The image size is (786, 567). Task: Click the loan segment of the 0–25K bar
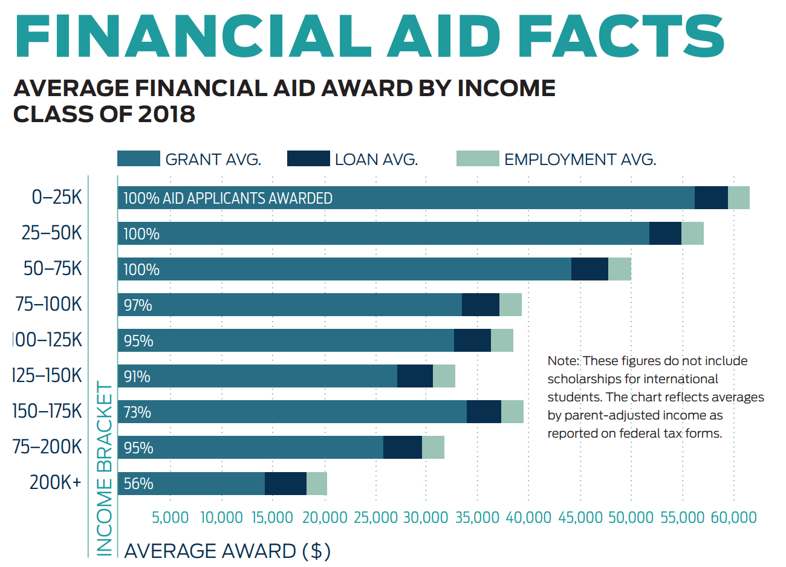click(711, 198)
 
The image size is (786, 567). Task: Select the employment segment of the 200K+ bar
click(317, 484)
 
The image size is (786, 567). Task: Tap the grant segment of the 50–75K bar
click(345, 269)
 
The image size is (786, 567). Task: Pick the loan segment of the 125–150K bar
click(415, 376)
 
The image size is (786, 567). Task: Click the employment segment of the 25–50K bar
click(692, 233)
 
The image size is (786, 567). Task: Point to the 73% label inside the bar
click(137, 412)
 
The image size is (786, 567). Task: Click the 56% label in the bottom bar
click(138, 484)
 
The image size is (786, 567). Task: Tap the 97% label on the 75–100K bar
click(138, 305)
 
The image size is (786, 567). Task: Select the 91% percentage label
click(137, 377)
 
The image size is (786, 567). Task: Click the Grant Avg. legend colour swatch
click(138, 158)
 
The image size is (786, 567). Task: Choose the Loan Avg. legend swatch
click(308, 158)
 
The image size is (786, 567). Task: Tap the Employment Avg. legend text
click(580, 160)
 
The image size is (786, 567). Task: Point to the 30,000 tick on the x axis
click(425, 517)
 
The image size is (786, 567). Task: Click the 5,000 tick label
click(170, 517)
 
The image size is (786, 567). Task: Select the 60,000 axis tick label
click(733, 517)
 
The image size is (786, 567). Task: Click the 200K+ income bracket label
click(56, 483)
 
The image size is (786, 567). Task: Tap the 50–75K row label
click(53, 268)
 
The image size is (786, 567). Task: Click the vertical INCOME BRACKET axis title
click(105, 468)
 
